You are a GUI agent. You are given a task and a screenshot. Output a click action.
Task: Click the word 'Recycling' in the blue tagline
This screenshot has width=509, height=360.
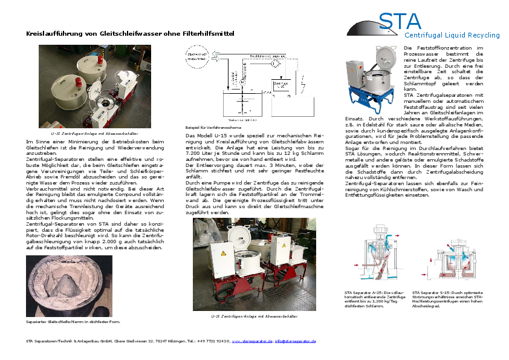(x=482, y=36)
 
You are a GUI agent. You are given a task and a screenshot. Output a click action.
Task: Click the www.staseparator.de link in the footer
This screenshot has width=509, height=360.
(x=252, y=341)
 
